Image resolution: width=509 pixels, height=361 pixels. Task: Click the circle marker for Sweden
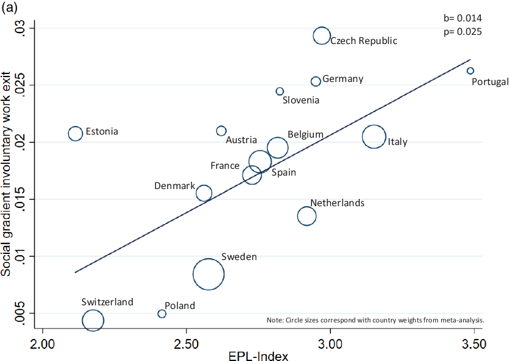tap(209, 274)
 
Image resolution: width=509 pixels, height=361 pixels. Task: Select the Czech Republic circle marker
tap(322, 36)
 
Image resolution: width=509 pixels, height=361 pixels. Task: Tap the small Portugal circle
tap(470, 71)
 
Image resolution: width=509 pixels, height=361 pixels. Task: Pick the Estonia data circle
tap(75, 133)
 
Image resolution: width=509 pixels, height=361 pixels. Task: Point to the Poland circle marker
tap(162, 314)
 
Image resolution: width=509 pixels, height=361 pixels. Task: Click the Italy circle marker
tap(374, 137)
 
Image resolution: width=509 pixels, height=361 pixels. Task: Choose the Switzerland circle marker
tap(93, 320)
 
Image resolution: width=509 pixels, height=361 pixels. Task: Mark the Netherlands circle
tap(307, 215)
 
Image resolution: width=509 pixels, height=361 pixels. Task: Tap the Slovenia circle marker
tap(280, 91)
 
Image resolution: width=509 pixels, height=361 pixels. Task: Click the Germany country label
tap(343, 79)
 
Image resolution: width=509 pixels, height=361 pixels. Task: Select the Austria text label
tap(241, 140)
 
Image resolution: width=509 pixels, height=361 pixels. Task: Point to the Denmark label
tap(174, 186)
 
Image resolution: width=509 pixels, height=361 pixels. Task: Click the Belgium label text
tap(305, 135)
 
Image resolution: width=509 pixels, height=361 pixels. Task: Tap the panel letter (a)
tap(10, 8)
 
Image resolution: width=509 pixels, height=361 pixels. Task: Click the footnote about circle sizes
tap(376, 320)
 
